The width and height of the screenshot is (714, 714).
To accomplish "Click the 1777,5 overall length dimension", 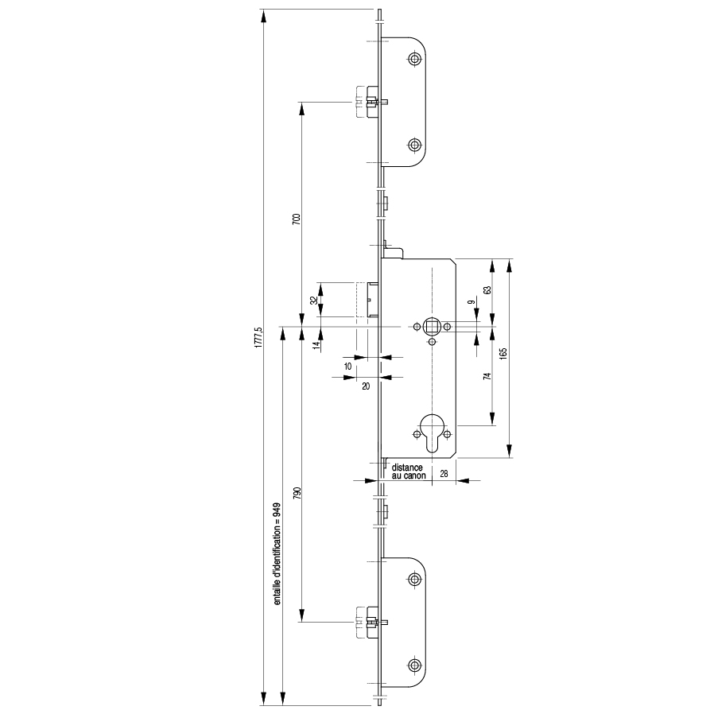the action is click(x=258, y=337).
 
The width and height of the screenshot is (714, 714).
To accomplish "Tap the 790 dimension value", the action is click(x=297, y=493).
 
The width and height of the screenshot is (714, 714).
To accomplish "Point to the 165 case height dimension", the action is click(x=503, y=354).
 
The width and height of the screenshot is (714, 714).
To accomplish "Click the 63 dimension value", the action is click(x=487, y=290).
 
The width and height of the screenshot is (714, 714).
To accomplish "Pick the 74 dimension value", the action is click(x=487, y=376).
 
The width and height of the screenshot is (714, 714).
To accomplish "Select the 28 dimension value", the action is click(x=444, y=474).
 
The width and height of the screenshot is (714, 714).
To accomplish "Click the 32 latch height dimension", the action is click(x=313, y=301).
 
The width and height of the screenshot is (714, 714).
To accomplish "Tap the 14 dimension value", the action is click(x=316, y=346).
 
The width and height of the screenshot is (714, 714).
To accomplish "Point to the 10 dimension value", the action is click(x=347, y=366).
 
